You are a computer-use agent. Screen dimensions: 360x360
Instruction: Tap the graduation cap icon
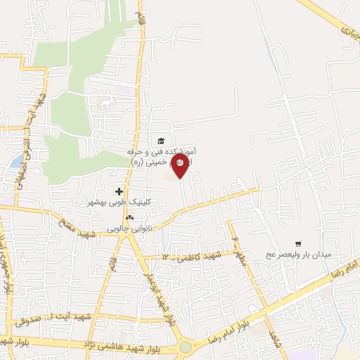pyautogui.click(x=161, y=141)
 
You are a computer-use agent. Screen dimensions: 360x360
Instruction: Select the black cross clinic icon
pyautogui.click(x=119, y=191)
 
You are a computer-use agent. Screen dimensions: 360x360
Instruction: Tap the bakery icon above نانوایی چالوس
pyautogui.click(x=129, y=218)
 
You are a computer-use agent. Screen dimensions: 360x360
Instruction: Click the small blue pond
pyautogui.click(x=15, y=162)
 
